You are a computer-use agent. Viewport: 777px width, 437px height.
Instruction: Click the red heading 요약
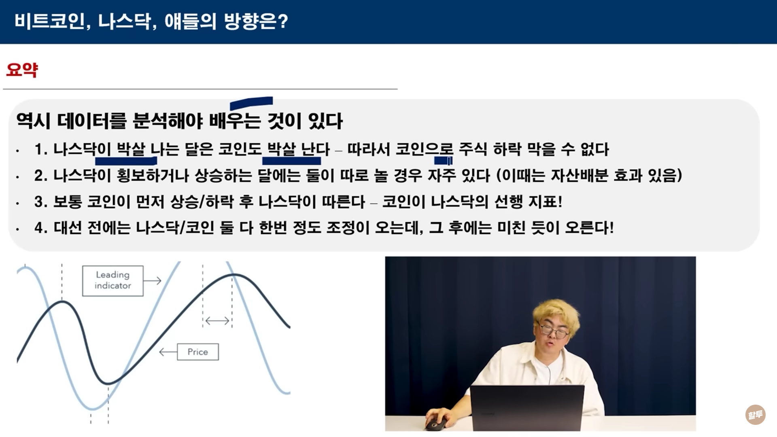point(22,70)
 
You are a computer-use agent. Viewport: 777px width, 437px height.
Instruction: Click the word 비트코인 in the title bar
point(49,21)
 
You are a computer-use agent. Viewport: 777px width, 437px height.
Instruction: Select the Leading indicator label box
point(113,281)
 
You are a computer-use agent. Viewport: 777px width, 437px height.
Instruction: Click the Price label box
point(198,352)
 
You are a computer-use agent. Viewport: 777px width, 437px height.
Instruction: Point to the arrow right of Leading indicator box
point(153,280)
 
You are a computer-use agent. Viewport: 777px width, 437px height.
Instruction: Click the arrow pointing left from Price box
point(168,352)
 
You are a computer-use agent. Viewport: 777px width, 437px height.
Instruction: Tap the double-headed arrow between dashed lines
point(217,321)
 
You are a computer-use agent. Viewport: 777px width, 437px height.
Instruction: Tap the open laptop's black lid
point(527,408)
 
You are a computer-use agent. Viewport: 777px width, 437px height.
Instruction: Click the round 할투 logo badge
point(755,415)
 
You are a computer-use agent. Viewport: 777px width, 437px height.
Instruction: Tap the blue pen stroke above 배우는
point(251,102)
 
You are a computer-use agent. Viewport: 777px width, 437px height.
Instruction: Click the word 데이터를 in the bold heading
point(92,121)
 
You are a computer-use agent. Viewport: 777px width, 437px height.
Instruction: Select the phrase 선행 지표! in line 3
point(529,202)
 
